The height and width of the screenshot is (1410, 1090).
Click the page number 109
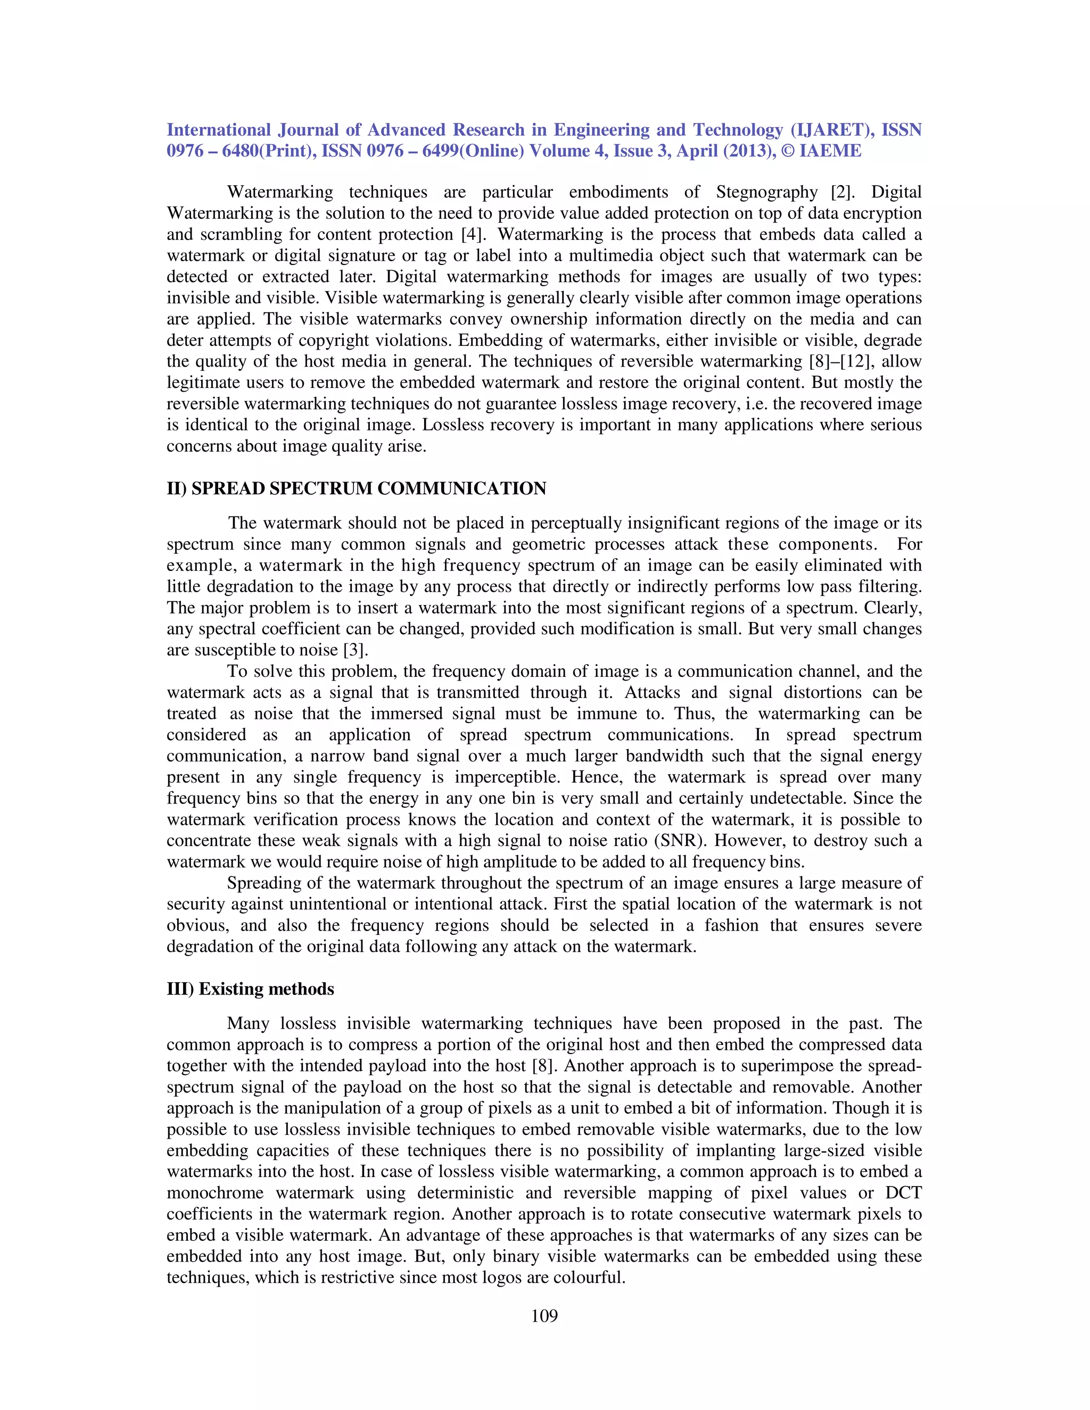pyautogui.click(x=544, y=1316)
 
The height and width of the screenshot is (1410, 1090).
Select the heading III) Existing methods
pyautogui.click(x=251, y=989)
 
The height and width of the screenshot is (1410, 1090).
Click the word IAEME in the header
pyautogui.click(x=830, y=151)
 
